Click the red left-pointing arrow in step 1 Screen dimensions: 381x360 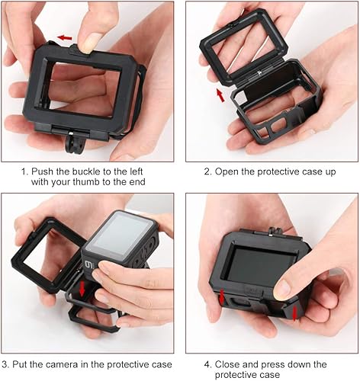pos(66,37)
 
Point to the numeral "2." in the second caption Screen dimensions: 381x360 pos(207,171)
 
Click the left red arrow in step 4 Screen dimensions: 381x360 pos(222,296)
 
